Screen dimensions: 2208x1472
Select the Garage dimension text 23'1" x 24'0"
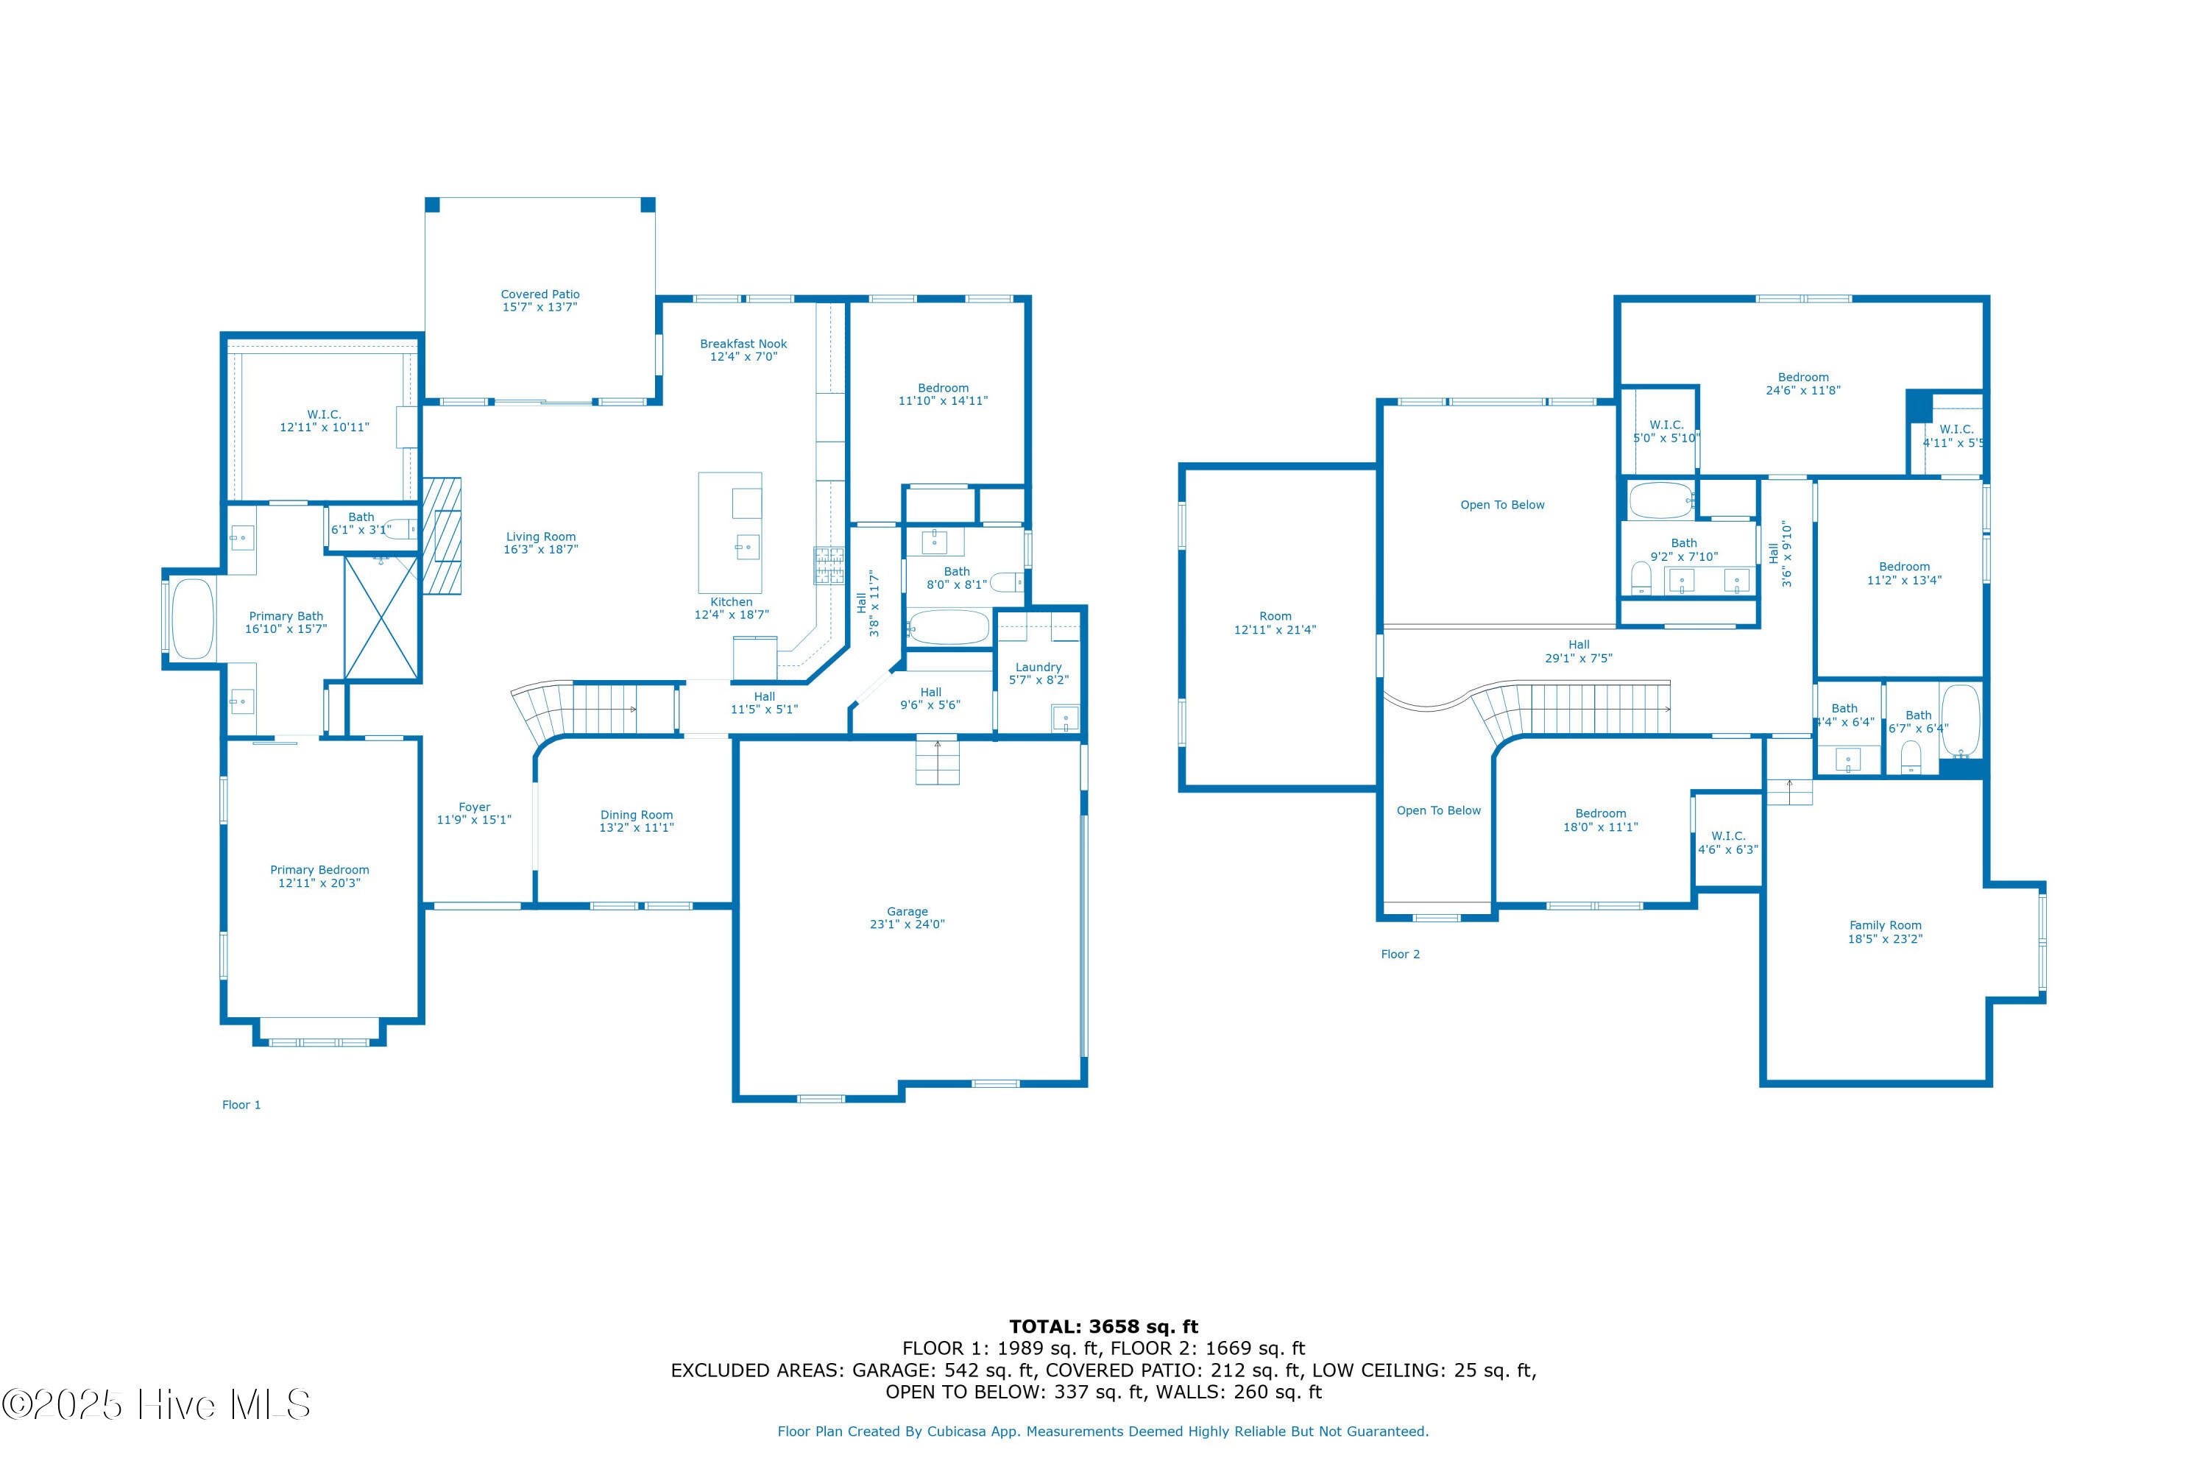click(x=907, y=924)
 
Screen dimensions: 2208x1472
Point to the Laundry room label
click(x=1038, y=667)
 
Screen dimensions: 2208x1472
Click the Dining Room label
click(x=637, y=815)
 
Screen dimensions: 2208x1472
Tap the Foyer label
click(x=474, y=807)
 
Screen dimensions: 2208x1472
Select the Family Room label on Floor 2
click(x=1885, y=924)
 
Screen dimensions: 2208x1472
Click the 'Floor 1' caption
click(x=241, y=1105)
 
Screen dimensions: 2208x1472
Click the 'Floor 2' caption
click(x=1400, y=954)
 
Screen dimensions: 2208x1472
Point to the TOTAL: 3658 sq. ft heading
click(x=1104, y=1326)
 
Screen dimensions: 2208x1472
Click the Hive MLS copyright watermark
click(x=156, y=1404)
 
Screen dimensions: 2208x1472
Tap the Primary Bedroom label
click(x=319, y=870)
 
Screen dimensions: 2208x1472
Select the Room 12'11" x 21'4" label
click(x=1275, y=623)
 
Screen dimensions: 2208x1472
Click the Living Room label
click(x=541, y=537)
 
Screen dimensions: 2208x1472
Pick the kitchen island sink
click(x=747, y=546)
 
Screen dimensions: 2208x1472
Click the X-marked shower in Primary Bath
click(x=381, y=617)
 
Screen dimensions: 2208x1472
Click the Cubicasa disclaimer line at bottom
click(x=1103, y=1432)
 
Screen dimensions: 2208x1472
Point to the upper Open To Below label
click(x=1502, y=505)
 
